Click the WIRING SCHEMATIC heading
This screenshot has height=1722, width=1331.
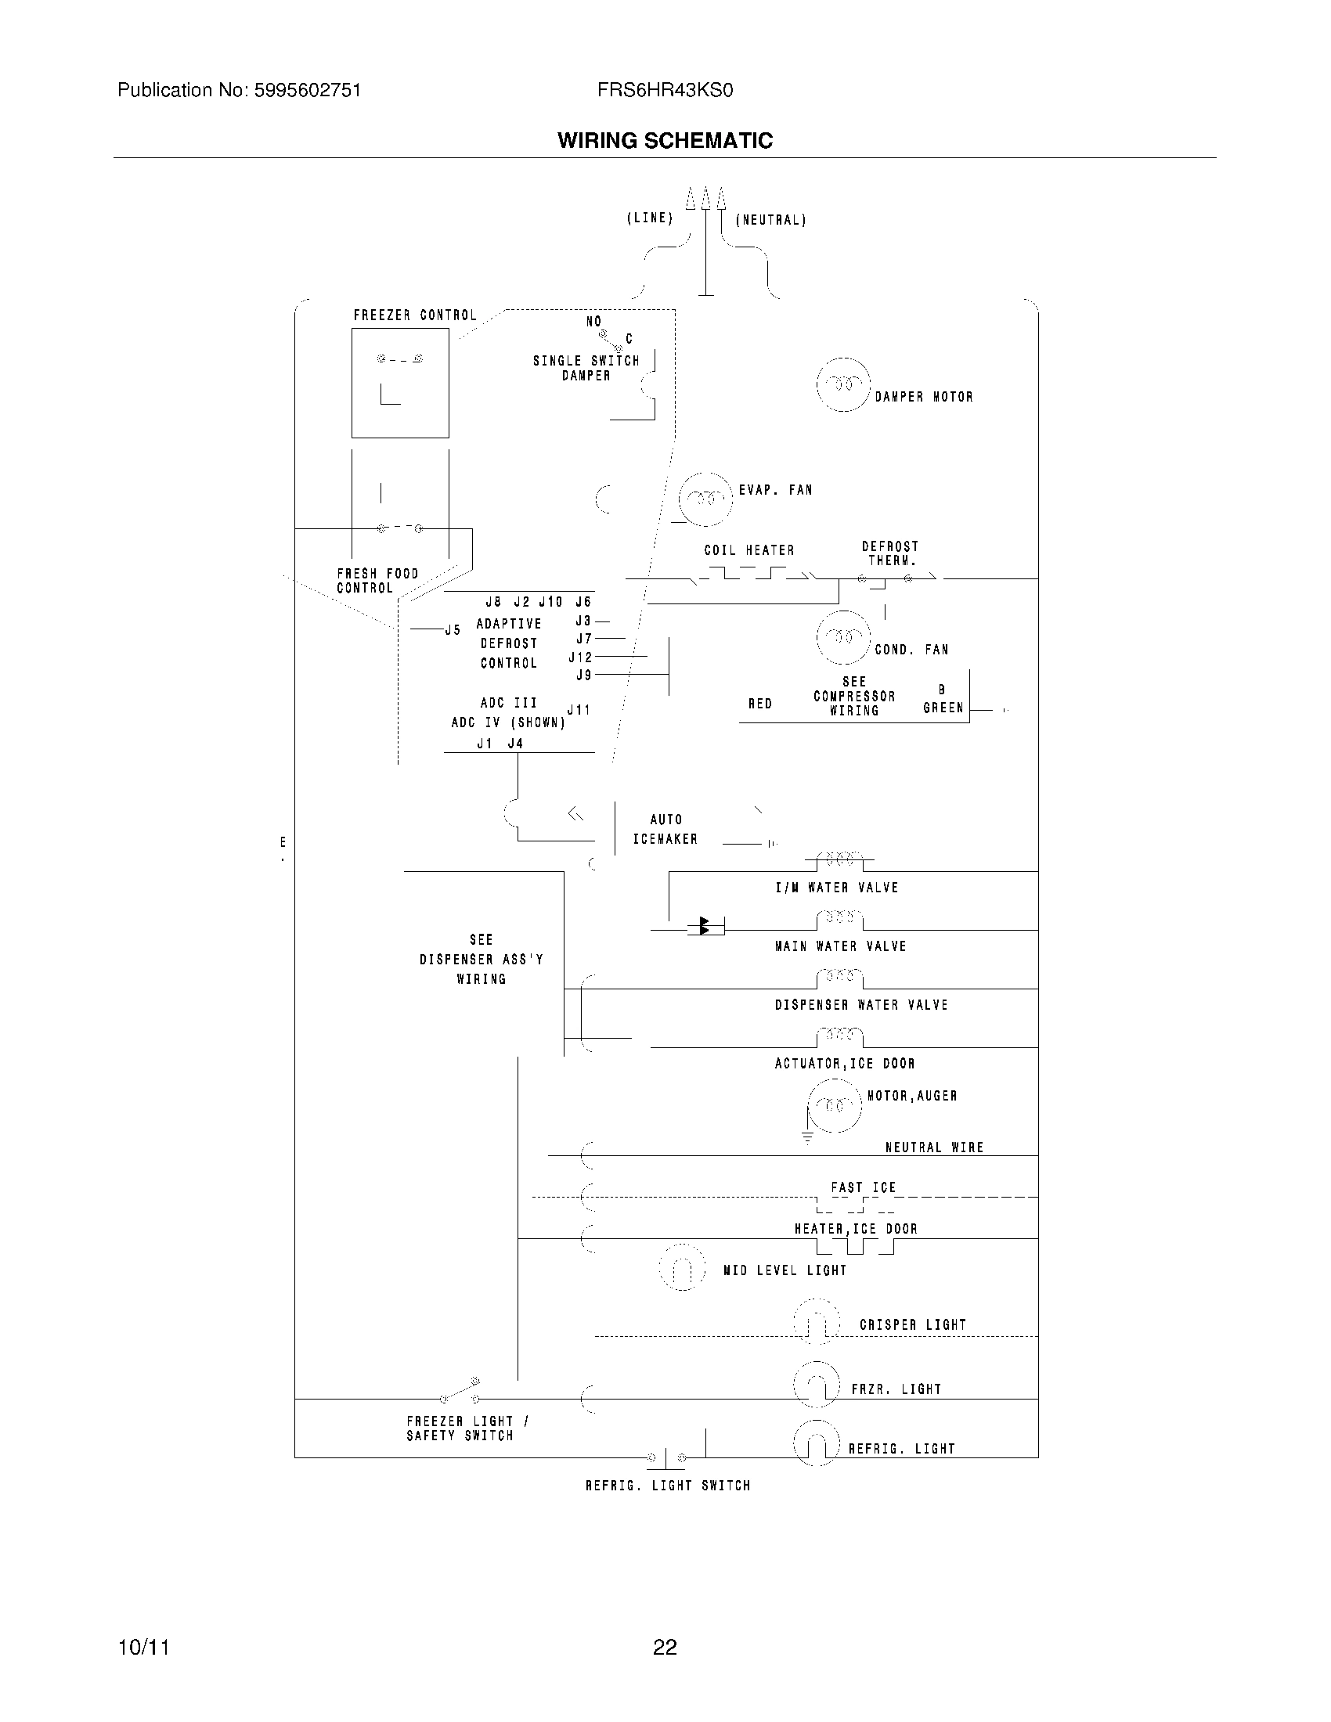coord(665,140)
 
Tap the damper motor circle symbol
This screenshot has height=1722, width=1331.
coord(843,384)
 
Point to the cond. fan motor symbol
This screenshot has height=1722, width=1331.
coord(843,637)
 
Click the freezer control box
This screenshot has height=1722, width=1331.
coord(400,384)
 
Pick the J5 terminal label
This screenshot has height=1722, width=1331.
coord(453,630)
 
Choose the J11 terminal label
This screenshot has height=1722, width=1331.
coord(579,710)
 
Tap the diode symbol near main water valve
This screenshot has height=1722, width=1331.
coord(705,927)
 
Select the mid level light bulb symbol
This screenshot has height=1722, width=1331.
coord(682,1268)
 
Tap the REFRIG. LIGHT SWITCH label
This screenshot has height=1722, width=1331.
coord(667,1486)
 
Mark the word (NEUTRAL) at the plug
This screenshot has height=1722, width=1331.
coord(770,220)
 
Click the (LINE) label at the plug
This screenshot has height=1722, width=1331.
coord(650,218)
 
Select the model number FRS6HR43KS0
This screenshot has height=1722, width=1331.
coord(665,91)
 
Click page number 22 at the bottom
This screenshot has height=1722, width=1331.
coord(665,1647)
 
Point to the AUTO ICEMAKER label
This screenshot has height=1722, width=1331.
coord(665,830)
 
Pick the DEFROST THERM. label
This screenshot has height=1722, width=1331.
coord(891,553)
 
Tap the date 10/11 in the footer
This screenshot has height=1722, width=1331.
coord(143,1647)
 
